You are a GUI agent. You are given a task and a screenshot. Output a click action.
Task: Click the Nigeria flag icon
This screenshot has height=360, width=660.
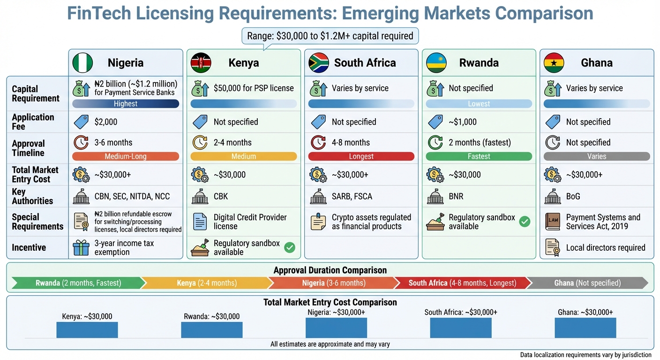point(82,63)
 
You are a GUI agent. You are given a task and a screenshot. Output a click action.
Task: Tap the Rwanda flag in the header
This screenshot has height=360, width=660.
point(436,63)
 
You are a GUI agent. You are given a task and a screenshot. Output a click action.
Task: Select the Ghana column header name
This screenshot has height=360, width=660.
point(596,63)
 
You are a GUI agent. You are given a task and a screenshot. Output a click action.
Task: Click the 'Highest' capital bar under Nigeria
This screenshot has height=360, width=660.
point(126,104)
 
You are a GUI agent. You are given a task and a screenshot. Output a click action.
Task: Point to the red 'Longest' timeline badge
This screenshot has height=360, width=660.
point(361,157)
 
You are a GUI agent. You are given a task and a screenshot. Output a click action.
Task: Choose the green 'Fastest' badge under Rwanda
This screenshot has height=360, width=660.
point(479,157)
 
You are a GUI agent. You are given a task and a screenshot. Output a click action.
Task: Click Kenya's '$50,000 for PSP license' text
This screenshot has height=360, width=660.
point(254,88)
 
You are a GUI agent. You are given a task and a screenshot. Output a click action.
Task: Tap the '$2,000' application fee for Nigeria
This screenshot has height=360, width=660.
point(106,122)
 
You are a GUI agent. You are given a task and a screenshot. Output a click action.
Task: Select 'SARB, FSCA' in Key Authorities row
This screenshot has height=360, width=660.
point(352,196)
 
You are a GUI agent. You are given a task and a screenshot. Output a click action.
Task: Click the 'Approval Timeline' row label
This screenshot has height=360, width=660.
point(29,148)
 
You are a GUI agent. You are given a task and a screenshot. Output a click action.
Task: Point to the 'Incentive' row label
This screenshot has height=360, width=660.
point(29,247)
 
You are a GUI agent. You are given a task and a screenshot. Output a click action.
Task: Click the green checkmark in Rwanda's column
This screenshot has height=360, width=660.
point(525,222)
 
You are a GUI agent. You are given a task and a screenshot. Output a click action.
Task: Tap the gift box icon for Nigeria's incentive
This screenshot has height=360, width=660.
point(81,247)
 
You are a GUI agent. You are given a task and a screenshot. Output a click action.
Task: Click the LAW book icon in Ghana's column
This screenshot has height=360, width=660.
point(553,222)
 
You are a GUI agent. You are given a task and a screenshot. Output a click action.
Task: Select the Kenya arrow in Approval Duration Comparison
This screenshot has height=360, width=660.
point(206,283)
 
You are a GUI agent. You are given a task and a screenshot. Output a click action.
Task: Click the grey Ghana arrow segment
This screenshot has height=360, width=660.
point(587,283)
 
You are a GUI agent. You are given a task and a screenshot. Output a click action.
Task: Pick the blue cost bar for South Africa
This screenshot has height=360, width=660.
point(461,328)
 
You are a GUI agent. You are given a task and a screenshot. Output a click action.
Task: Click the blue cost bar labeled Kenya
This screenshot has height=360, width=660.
point(87,330)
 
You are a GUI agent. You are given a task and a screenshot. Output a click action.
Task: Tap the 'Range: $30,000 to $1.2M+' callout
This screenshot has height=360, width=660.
point(330,36)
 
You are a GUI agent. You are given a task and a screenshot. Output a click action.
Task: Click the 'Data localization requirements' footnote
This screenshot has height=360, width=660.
point(585,355)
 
